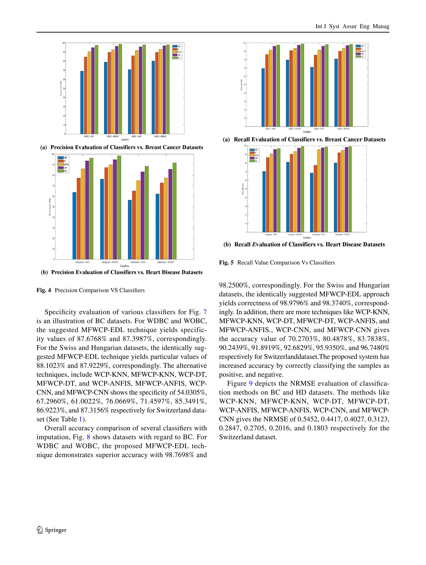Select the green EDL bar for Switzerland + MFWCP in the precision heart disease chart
[x=175, y=211]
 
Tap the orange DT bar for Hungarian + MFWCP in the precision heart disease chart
[x=106, y=213]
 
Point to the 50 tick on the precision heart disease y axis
[x=53, y=207]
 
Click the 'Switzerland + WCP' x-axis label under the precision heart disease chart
[x=138, y=262]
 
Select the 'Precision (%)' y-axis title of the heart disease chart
[x=50, y=207]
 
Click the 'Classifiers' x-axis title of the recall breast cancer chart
[x=307, y=132]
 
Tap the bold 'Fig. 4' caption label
[x=44, y=290]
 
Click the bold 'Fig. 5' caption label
[x=226, y=263]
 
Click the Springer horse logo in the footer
[x=40, y=530]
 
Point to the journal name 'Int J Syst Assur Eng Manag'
[x=352, y=26]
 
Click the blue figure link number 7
[x=205, y=312]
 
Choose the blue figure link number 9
[x=251, y=383]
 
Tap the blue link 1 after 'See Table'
[x=80, y=419]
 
